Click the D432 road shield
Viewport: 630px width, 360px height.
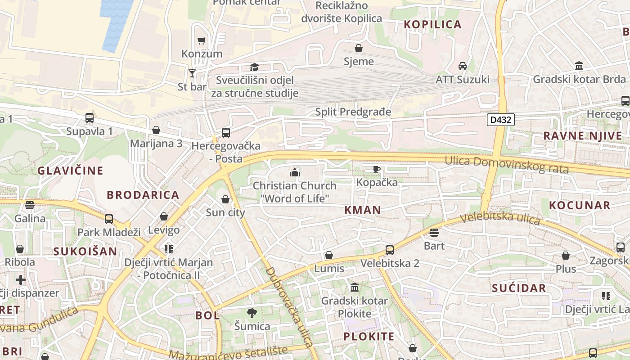pos(500,120)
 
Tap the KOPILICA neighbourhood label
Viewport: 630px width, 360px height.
pos(432,24)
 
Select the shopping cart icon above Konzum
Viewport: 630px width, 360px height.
pos(201,40)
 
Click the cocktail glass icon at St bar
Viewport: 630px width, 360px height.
pos(192,73)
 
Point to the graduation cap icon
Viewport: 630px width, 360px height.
pos(255,67)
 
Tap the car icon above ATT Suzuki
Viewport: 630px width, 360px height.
pos(462,66)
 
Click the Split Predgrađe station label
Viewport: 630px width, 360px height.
pos(353,112)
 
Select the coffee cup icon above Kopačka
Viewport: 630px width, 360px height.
pos(377,169)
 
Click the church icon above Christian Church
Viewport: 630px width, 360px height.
pos(294,172)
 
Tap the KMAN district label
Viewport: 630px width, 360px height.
pos(363,209)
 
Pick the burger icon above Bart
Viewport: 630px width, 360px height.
pos(434,233)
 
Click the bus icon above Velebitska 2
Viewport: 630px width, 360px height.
pos(390,250)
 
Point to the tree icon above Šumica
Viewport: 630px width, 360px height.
pos(252,313)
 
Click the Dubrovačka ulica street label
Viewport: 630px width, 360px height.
pos(290,307)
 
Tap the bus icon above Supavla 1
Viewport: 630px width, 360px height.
pos(90,118)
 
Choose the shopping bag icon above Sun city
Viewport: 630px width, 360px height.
pos(225,199)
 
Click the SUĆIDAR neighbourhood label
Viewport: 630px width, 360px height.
pos(519,288)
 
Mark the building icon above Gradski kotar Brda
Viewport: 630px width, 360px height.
pos(579,66)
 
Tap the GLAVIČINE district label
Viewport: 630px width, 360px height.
pos(70,171)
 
